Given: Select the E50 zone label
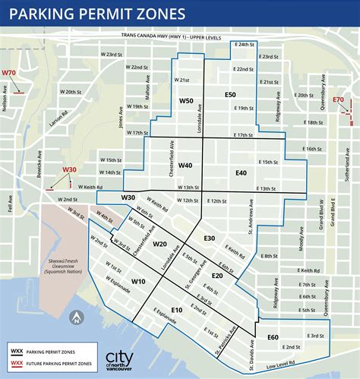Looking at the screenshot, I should click(230, 94).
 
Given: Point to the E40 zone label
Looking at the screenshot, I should click(241, 173).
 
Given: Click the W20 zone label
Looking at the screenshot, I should click(159, 244).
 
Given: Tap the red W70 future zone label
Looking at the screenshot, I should click(9, 73).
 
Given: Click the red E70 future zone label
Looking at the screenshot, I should click(339, 99).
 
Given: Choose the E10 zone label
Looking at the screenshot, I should click(177, 310).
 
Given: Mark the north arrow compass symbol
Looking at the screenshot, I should click(77, 318).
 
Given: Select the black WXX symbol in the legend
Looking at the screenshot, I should click(16, 351).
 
